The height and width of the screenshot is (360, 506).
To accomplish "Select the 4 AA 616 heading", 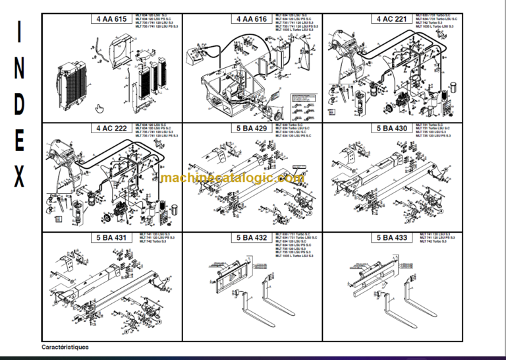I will click(252, 20).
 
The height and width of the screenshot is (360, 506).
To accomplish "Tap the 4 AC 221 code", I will click(392, 20).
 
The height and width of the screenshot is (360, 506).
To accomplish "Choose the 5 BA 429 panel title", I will click(252, 128).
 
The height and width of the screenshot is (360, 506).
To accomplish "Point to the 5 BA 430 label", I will click(392, 128).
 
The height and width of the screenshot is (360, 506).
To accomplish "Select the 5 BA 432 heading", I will click(252, 237).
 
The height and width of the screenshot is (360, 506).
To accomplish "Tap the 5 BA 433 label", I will click(392, 237).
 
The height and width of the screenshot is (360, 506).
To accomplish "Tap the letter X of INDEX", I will click(20, 177).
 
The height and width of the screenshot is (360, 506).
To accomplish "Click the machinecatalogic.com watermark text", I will click(232, 179).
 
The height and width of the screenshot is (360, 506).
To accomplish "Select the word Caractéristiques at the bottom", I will click(65, 347).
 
